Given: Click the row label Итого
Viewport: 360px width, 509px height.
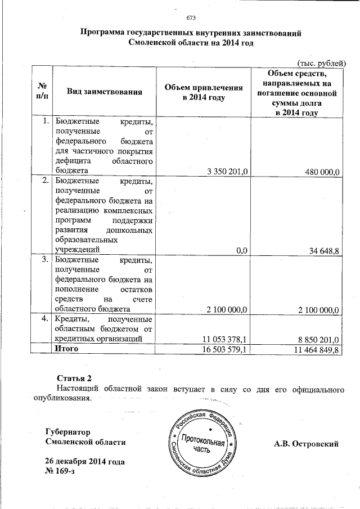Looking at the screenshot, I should tap(66, 349).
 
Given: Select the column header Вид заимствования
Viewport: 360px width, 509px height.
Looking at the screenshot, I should tap(103, 91).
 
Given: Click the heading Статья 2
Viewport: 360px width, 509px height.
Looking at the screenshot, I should tap(74, 377).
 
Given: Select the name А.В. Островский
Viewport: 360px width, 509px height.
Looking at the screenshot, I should tap(306, 443).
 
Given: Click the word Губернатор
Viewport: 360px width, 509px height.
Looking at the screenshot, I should tap(67, 432).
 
